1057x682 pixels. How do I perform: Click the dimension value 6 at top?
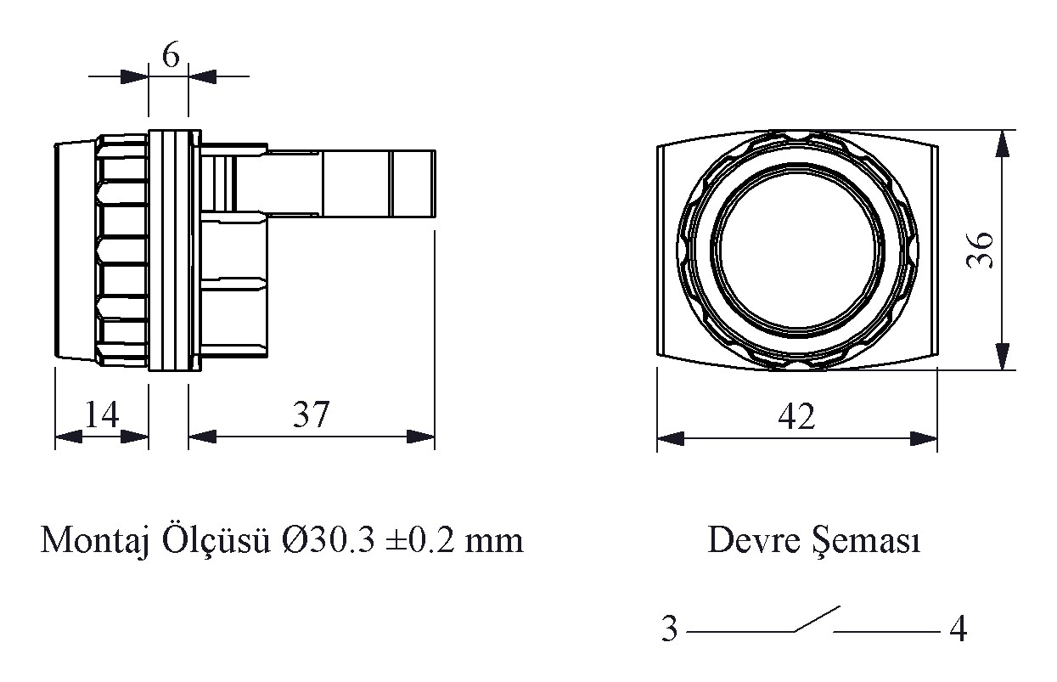pyautogui.click(x=171, y=54)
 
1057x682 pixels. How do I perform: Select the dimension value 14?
pyautogui.click(x=102, y=414)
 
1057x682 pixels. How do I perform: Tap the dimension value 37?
pyautogui.click(x=311, y=414)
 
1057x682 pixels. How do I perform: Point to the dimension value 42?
pyautogui.click(x=796, y=416)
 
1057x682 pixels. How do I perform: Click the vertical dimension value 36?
pyautogui.click(x=980, y=251)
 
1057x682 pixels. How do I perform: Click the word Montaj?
pyautogui.click(x=95, y=541)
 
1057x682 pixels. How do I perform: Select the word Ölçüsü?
pyautogui.click(x=216, y=539)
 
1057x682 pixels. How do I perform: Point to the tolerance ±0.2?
pyautogui.click(x=419, y=540)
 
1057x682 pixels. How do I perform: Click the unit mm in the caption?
pyautogui.click(x=494, y=544)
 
